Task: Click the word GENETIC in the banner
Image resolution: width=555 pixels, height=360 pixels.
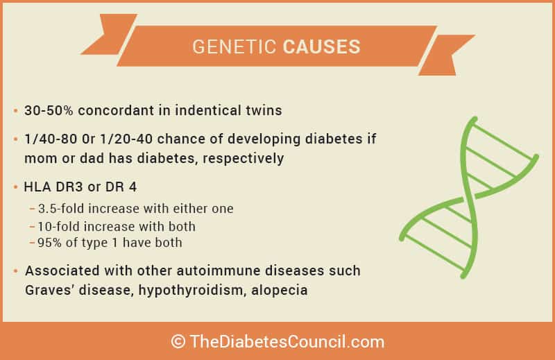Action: (x=234, y=46)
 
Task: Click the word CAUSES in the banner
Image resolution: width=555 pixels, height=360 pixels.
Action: (x=321, y=46)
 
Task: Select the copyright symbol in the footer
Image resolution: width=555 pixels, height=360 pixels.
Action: (x=178, y=341)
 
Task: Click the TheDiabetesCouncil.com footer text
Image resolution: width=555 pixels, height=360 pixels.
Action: (x=287, y=341)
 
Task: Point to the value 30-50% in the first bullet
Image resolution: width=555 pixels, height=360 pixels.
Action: (x=49, y=110)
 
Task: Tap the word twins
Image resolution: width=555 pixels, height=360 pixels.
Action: (x=264, y=110)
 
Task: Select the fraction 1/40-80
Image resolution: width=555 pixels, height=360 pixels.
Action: (x=51, y=139)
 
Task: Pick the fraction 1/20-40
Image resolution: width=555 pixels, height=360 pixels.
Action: (x=126, y=139)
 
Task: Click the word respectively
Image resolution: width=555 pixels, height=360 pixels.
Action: (x=244, y=159)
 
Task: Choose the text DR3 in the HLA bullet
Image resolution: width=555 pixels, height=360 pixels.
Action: (x=69, y=187)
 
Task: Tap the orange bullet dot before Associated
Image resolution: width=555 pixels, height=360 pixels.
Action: (x=15, y=271)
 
